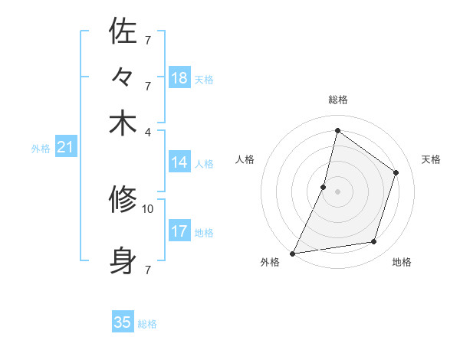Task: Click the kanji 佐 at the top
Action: (123, 31)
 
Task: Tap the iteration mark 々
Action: (123, 78)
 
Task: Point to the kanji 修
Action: (123, 201)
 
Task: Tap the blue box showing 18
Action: (179, 77)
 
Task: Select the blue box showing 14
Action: (179, 162)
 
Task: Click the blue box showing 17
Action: (179, 231)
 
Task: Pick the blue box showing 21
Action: (65, 147)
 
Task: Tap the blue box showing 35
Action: (123, 322)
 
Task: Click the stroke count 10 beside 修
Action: (148, 208)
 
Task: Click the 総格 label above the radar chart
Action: (337, 100)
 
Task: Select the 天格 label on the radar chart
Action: (431, 159)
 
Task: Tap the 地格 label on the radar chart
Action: (402, 263)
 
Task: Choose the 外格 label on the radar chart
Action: (270, 263)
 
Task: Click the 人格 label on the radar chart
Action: (245, 159)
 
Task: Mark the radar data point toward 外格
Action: (292, 254)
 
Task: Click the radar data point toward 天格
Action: (396, 172)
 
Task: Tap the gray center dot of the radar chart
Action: (337, 191)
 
